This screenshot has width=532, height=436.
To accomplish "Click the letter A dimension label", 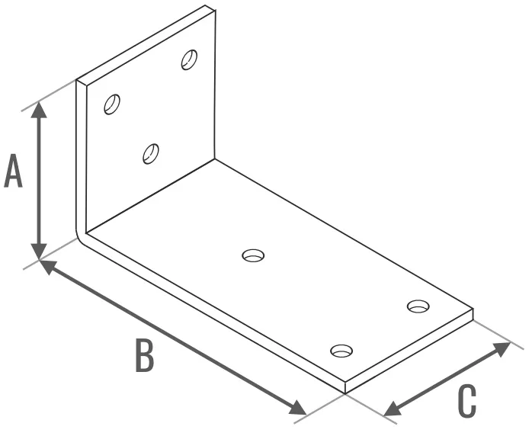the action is (x=13, y=170).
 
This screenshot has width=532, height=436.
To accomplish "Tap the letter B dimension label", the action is (x=145, y=355).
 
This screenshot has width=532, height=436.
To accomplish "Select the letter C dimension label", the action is (x=467, y=401).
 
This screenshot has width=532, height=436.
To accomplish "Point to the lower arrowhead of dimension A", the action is (x=39, y=252).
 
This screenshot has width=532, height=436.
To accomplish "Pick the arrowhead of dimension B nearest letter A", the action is (x=47, y=266).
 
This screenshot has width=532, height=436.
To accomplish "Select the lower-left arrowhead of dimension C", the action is (x=393, y=409).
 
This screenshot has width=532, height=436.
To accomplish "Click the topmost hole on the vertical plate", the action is (x=189, y=59).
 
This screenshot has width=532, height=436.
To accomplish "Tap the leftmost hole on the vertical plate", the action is (x=112, y=104).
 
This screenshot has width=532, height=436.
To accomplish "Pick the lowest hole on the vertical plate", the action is (x=151, y=154).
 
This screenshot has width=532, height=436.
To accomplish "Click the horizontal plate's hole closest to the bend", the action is (x=254, y=255).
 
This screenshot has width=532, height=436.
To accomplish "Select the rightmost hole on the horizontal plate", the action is (x=418, y=306).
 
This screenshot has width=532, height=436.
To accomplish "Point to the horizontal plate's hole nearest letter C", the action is (x=341, y=351).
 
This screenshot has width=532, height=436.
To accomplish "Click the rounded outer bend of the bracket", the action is (x=79, y=234).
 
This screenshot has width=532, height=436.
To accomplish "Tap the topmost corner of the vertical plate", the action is (x=205, y=5).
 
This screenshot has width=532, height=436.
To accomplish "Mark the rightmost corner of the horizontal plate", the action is (x=473, y=309).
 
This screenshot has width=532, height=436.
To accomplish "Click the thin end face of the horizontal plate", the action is (x=409, y=351).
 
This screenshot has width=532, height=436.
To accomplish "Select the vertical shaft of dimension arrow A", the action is (x=39, y=181).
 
